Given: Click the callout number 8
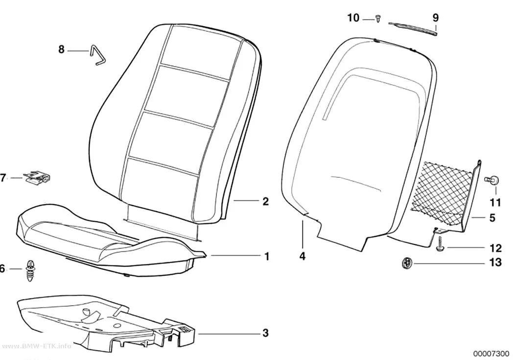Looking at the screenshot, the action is click(x=61, y=49).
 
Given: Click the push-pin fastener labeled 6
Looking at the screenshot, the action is click(x=30, y=270).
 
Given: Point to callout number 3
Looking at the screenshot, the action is click(x=265, y=333).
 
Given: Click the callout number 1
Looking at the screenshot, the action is click(x=266, y=256).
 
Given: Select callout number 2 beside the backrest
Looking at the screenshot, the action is click(x=265, y=201).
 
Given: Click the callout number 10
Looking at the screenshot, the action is click(x=353, y=18).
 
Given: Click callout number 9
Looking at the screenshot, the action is click(x=435, y=18).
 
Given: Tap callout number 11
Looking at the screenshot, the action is click(x=495, y=202).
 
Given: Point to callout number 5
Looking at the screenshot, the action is click(x=492, y=217).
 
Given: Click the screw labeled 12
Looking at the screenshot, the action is click(x=440, y=245).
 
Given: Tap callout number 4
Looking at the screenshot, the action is click(x=302, y=256).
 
